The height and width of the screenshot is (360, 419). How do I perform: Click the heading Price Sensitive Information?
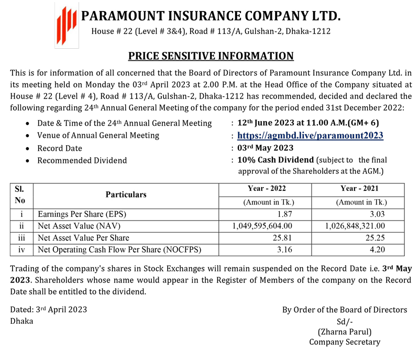pyautogui.click(x=211, y=56)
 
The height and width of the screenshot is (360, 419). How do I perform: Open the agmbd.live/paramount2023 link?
pyautogui.click(x=310, y=136)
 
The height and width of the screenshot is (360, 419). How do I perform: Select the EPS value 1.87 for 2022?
pyautogui.click(x=283, y=214)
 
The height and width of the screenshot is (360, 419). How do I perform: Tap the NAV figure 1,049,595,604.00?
pyautogui.click(x=262, y=226)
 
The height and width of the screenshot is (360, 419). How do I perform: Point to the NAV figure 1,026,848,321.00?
pyautogui.click(x=355, y=226)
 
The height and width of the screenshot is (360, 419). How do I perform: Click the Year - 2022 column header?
pyautogui.click(x=267, y=189)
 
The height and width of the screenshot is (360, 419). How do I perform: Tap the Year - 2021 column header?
pyautogui.click(x=361, y=189)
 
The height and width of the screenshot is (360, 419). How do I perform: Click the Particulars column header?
pyautogui.click(x=126, y=194)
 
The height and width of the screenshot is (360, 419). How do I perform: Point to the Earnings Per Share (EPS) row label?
pyautogui.click(x=83, y=214)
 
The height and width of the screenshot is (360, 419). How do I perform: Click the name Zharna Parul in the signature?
pyautogui.click(x=345, y=331)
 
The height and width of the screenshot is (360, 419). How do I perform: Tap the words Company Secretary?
pyautogui.click(x=345, y=342)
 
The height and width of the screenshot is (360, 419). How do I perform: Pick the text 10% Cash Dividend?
pyautogui.click(x=275, y=160)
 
